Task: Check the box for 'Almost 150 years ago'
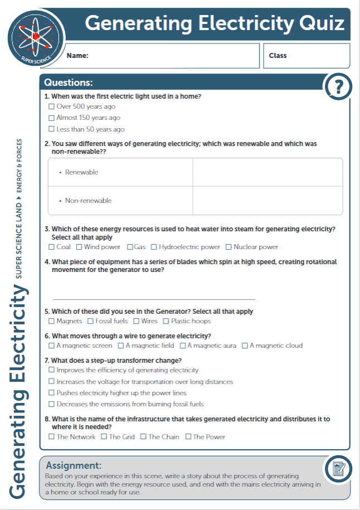click(52, 118)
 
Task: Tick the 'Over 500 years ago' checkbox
click(52, 106)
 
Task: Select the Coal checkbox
click(52, 247)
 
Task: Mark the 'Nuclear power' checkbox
click(228, 247)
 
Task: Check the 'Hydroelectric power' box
click(154, 247)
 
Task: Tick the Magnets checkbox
click(52, 321)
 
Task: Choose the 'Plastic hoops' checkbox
click(166, 321)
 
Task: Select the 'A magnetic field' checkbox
click(121, 346)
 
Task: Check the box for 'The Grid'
click(104, 436)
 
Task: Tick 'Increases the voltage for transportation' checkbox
click(52, 382)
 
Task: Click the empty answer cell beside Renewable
click(267, 172)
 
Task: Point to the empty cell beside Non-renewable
click(267, 201)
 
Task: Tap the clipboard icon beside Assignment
click(338, 469)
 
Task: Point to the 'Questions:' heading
click(69, 83)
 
